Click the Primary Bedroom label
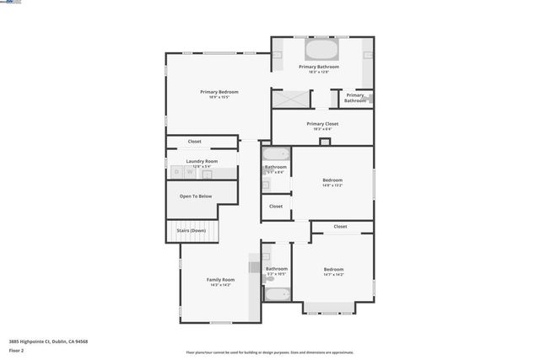(x=219, y=91)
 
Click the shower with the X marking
(x=291, y=99)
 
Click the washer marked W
(x=189, y=172)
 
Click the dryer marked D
(x=177, y=172)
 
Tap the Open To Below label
(x=196, y=196)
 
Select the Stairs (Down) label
(x=192, y=230)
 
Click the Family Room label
(x=220, y=279)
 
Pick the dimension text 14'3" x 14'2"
(x=220, y=285)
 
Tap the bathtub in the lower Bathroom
(x=276, y=294)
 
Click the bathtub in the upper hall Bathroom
(x=276, y=154)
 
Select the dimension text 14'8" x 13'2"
(x=332, y=185)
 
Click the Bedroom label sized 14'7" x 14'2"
(x=332, y=269)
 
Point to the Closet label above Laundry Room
(x=194, y=142)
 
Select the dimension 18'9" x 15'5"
(x=219, y=97)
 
